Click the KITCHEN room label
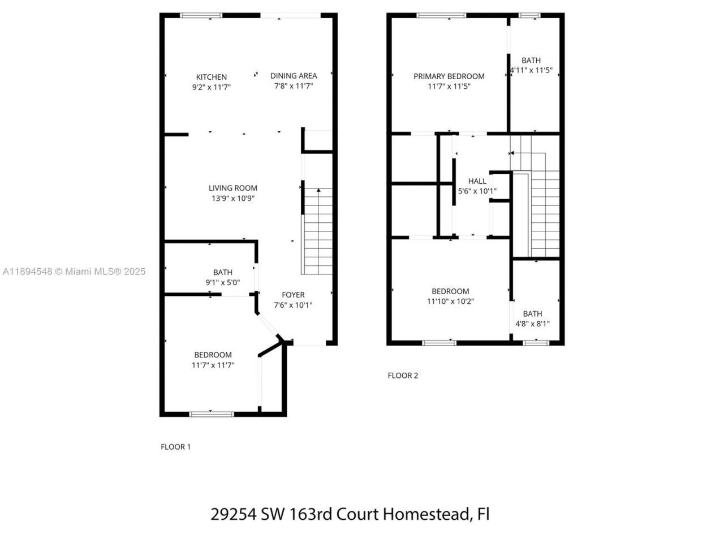(212, 77)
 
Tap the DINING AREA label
(294, 76)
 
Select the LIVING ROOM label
(233, 188)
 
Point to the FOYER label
(293, 295)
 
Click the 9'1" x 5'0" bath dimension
(222, 283)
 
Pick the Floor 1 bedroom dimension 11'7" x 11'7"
(213, 365)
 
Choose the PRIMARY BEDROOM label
(449, 76)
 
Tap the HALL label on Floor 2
(477, 181)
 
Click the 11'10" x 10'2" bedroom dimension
(450, 301)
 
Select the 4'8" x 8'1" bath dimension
(532, 324)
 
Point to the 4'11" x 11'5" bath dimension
(531, 71)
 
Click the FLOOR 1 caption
(175, 447)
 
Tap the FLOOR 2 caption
(403, 376)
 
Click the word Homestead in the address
(426, 514)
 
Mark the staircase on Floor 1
(318, 232)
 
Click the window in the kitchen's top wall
(201, 15)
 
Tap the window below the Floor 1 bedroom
(211, 414)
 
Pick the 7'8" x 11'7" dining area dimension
(294, 87)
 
